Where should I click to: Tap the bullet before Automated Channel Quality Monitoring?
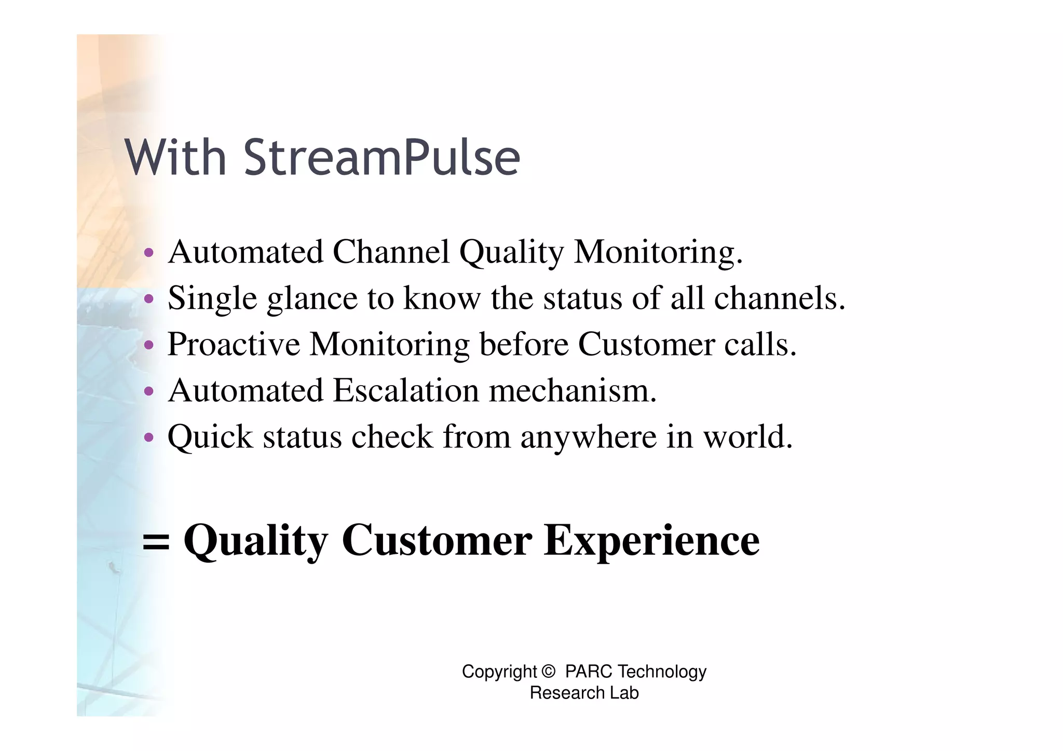coord(149,253)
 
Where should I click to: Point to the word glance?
coord(312,299)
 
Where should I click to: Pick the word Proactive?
coord(234,344)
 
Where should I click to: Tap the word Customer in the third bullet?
coord(646,344)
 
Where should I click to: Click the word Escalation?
coord(405,390)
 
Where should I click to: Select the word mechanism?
coord(573,390)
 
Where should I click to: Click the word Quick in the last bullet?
coord(210,436)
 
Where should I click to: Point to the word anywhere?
coord(589,437)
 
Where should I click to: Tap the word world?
coord(747,436)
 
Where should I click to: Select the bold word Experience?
coord(651,541)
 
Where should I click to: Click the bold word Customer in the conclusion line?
coord(437,540)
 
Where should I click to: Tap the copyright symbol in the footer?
coord(548,672)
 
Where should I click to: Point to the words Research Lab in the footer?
coord(584,693)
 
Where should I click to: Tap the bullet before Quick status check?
coord(149,438)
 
